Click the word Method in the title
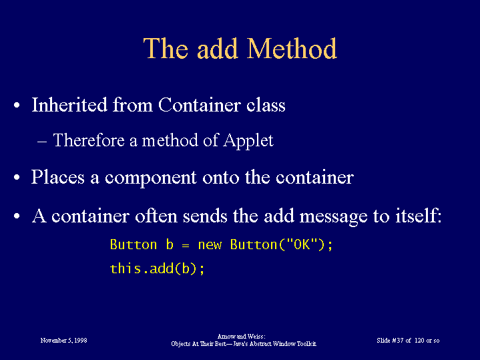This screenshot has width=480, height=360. click(292, 48)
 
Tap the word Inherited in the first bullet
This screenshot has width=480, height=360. click(69, 105)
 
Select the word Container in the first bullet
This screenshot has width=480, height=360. click(200, 105)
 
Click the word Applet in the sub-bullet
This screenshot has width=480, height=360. click(248, 141)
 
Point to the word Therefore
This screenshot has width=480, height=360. click(89, 140)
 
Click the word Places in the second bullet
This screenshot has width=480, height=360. click(58, 177)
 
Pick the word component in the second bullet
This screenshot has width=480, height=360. click(151, 178)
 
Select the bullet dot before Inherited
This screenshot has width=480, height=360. click(17, 106)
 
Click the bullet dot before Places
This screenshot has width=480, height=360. click(17, 178)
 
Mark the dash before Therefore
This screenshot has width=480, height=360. click(42, 142)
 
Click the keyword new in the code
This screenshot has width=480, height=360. click(210, 245)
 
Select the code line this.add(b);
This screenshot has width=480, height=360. click(157, 268)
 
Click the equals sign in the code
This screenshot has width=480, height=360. click(186, 245)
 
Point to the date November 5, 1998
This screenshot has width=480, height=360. click(63, 341)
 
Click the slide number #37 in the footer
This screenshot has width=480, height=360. click(398, 341)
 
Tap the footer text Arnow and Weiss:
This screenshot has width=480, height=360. click(242, 337)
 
